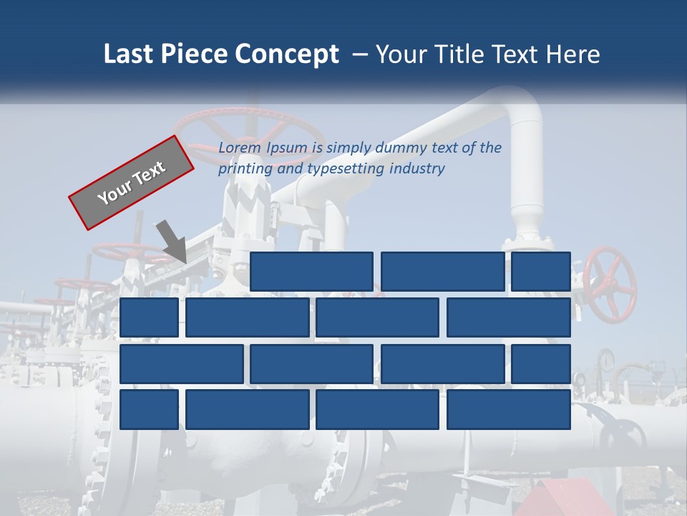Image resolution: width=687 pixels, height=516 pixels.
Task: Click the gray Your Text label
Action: [x=132, y=182]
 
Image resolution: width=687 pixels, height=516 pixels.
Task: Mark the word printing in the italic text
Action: [x=243, y=169]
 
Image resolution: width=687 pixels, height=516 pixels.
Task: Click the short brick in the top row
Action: [x=541, y=272]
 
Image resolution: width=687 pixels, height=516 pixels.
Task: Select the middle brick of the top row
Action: [x=442, y=272]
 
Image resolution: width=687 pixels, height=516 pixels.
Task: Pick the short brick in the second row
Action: [x=149, y=317]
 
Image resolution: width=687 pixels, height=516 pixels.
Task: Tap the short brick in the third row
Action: [x=541, y=364]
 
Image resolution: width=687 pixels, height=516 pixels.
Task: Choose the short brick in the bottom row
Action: [x=149, y=410]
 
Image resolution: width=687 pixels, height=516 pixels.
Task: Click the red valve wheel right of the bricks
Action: [x=610, y=285]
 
